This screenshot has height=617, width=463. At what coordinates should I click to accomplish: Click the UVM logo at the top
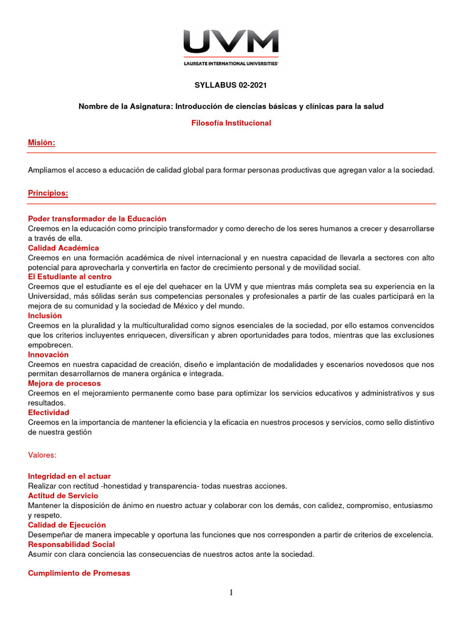pyautogui.click(x=231, y=42)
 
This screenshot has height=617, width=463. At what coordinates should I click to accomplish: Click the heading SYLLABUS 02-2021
pyautogui.click(x=231, y=86)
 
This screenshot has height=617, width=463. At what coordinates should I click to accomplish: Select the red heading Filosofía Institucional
pyautogui.click(x=231, y=123)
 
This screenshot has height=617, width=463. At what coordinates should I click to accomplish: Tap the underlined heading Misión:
pyautogui.click(x=42, y=143)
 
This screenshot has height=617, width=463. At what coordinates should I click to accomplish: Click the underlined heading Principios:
pyautogui.click(x=48, y=193)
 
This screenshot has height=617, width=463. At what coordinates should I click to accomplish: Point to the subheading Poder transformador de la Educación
pyautogui.click(x=97, y=219)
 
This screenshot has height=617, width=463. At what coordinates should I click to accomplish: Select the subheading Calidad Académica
pyautogui.click(x=63, y=248)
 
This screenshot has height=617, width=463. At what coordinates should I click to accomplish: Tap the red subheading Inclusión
pyautogui.click(x=45, y=315)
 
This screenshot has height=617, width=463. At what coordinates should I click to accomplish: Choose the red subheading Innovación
pyautogui.click(x=48, y=354)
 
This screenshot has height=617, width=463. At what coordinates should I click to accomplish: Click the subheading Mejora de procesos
pyautogui.click(x=65, y=383)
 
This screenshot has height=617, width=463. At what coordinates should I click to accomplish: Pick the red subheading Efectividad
pyautogui.click(x=49, y=412)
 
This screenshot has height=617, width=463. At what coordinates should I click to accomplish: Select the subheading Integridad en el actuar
pyautogui.click(x=69, y=476)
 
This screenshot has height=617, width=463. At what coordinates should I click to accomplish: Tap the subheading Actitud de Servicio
pyautogui.click(x=63, y=495)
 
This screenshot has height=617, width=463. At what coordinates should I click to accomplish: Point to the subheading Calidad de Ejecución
pyautogui.click(x=67, y=525)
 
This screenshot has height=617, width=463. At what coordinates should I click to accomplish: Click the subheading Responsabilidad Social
pyautogui.click(x=71, y=544)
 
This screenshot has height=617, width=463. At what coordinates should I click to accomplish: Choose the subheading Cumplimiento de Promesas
pyautogui.click(x=79, y=573)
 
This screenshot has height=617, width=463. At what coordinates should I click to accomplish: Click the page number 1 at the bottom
pyautogui.click(x=231, y=593)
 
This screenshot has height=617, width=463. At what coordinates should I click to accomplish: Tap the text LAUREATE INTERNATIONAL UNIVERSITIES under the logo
pyautogui.click(x=231, y=63)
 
